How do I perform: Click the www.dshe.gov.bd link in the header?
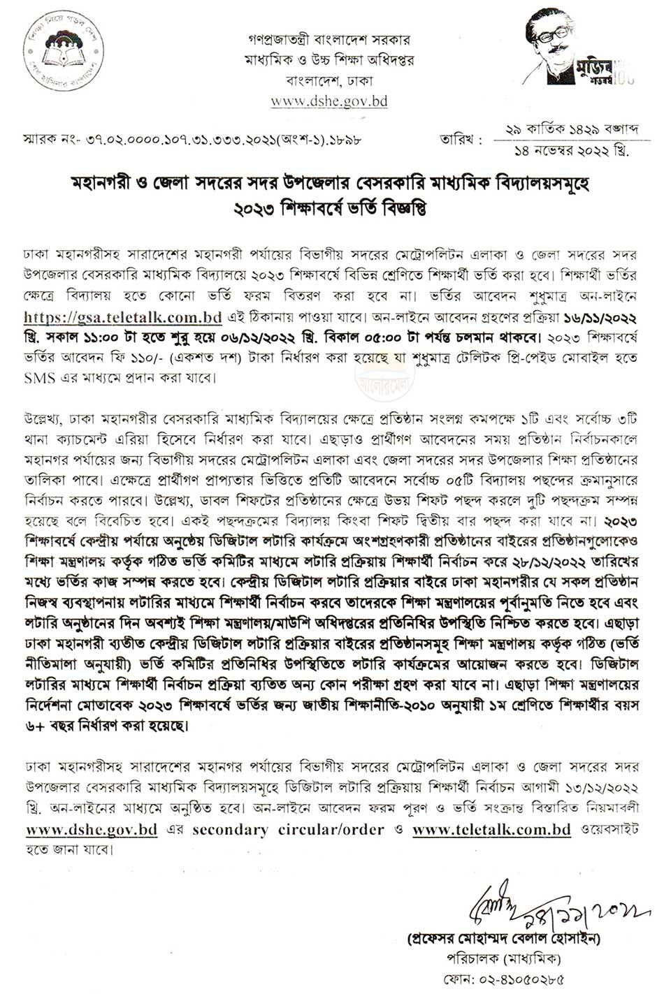point(329,101)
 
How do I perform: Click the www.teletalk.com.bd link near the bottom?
point(491,830)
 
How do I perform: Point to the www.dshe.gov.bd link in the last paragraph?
point(92,830)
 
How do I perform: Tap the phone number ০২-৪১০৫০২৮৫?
point(513,979)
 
